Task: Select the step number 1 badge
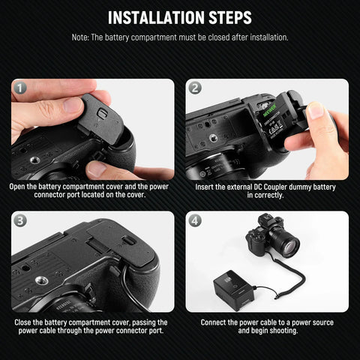(20, 88)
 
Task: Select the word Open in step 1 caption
(22, 187)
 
